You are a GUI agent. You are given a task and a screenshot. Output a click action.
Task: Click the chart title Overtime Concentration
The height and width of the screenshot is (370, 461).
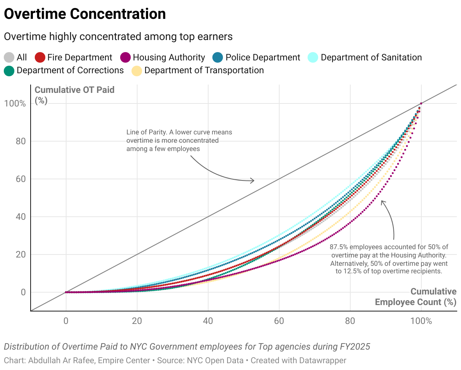point(85,14)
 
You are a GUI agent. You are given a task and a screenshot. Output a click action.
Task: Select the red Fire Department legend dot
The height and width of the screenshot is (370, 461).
point(40,58)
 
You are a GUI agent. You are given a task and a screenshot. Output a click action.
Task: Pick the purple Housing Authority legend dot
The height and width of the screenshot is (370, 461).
point(125,58)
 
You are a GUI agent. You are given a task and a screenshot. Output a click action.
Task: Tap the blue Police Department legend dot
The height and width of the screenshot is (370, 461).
point(218,58)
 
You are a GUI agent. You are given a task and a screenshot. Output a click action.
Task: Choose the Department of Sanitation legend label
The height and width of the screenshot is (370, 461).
point(371,57)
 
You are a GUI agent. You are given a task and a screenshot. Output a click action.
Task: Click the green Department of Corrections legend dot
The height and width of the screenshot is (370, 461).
point(9,71)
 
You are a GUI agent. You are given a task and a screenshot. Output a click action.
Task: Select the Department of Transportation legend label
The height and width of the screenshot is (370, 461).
point(204,70)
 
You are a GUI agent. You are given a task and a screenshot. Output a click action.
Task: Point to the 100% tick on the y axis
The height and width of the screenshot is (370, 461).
point(15,103)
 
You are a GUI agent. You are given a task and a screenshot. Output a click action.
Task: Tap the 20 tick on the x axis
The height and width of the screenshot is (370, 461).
point(137,321)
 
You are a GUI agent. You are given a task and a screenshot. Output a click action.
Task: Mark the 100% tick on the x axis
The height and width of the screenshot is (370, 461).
point(421,321)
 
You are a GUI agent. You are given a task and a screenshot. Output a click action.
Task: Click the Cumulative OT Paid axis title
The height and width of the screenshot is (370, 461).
point(74,90)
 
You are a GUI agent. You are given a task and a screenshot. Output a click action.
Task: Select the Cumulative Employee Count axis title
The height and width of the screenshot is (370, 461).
point(416,297)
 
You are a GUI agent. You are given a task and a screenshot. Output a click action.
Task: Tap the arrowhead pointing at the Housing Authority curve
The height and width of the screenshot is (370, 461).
point(382,202)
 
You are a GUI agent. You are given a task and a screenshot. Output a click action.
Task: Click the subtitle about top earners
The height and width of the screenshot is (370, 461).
point(118,37)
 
